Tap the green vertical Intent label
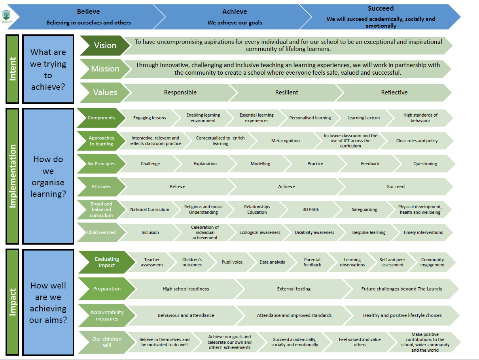(12, 70)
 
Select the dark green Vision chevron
(105, 45)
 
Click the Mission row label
(105, 69)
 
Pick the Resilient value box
(286, 92)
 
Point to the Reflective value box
(394, 92)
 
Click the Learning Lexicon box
(363, 118)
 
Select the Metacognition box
(285, 141)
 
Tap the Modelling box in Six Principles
(260, 164)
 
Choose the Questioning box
(425, 164)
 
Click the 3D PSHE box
(310, 209)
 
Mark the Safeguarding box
(364, 209)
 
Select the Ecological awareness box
(259, 232)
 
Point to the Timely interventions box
(423, 232)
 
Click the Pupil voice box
(232, 262)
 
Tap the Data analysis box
(272, 262)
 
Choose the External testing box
(293, 289)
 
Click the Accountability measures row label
(107, 315)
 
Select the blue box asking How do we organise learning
(48, 176)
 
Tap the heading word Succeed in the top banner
(381, 8)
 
